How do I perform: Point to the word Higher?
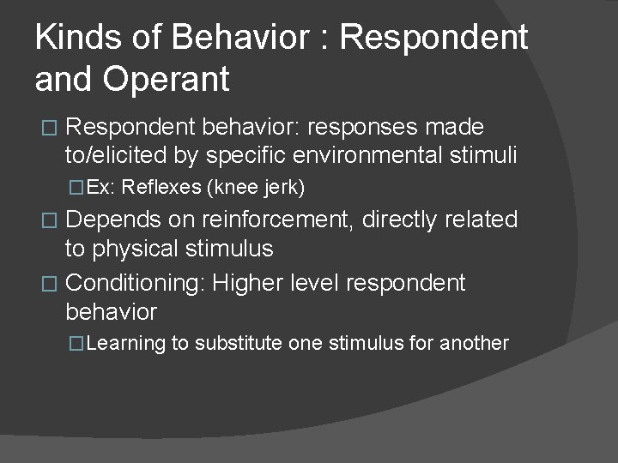252,282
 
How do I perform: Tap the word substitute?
238,344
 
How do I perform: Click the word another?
474,344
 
